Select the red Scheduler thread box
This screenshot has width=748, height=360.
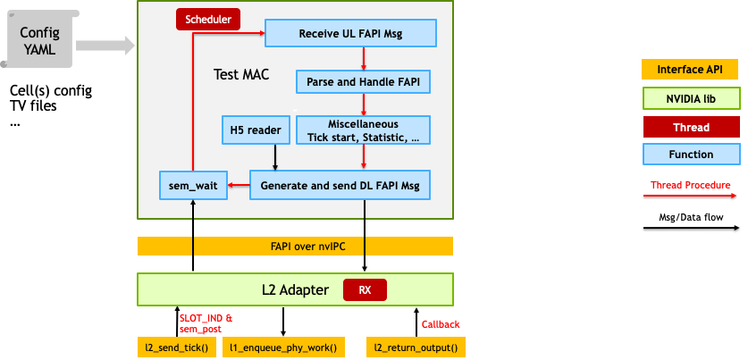pos(207,19)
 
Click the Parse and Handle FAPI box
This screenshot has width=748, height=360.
pos(363,82)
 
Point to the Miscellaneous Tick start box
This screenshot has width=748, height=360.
pos(363,130)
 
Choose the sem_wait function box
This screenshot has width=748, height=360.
pos(191,185)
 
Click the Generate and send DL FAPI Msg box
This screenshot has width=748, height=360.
pos(340,185)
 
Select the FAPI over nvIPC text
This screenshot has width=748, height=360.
pos(296,247)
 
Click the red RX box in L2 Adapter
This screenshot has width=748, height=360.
pos(365,290)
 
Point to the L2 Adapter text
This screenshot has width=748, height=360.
pos(288,290)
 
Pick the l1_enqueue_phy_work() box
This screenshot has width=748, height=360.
pos(283,347)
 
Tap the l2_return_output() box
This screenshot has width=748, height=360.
pos(416,347)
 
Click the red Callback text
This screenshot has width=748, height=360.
pos(441,324)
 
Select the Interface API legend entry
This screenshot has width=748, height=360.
pos(691,70)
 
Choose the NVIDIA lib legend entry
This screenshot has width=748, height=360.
pos(691,98)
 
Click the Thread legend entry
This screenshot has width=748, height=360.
pos(691,127)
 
